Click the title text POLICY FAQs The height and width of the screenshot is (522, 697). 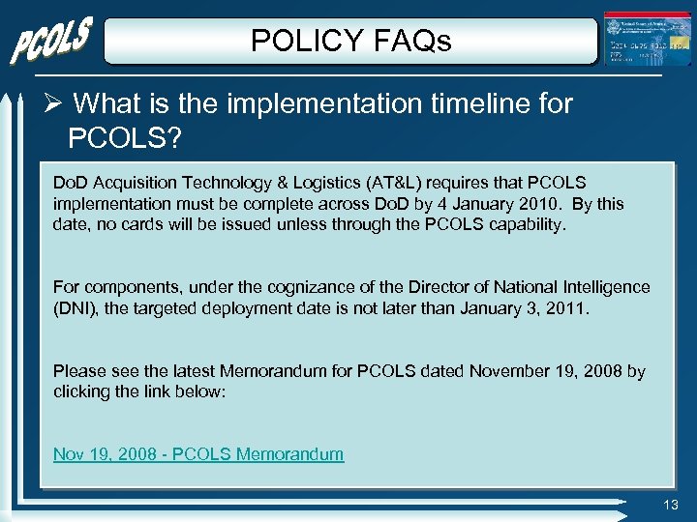pyautogui.click(x=350, y=41)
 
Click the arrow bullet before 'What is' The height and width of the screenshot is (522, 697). pyautogui.click(x=55, y=103)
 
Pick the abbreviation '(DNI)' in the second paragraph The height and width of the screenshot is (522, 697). pyautogui.click(x=76, y=308)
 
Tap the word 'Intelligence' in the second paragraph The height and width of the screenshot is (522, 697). pyautogui.click(x=601, y=287)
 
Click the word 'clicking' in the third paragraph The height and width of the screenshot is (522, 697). pyautogui.click(x=82, y=392)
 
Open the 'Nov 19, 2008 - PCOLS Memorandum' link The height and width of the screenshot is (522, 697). pyautogui.click(x=198, y=454)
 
